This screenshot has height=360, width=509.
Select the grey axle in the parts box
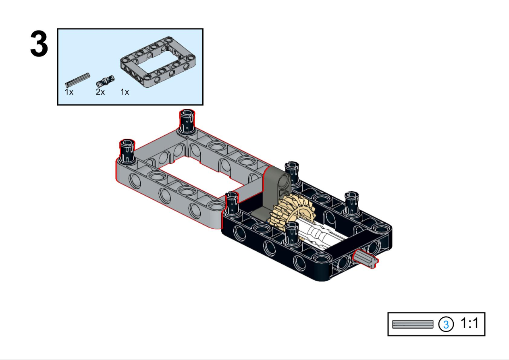[77, 80]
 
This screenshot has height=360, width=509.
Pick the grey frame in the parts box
[158, 62]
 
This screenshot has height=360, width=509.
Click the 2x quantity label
[100, 92]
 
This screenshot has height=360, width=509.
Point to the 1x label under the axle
[69, 92]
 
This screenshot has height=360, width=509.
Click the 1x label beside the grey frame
[125, 92]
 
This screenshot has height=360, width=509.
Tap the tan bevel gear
[291, 213]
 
